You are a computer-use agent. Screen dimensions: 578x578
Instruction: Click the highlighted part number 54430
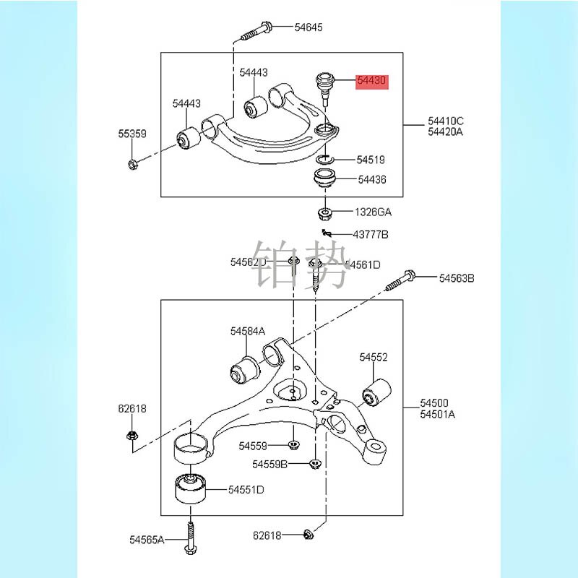point(372,81)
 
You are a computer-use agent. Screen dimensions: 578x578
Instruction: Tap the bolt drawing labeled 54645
point(256,30)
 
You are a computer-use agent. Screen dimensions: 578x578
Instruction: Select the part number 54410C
point(446,121)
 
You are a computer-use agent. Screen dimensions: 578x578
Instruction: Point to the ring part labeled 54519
point(325,159)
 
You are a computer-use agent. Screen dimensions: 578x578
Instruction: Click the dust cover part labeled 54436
point(325,178)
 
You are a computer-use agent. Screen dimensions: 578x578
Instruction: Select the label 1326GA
point(372,212)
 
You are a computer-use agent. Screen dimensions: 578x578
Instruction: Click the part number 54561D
point(363,264)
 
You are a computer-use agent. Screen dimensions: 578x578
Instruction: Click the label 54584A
point(248,331)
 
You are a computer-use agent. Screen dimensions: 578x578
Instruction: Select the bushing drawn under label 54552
point(376,393)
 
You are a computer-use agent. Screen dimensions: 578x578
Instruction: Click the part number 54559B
point(270,463)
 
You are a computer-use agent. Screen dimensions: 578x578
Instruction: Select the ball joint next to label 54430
point(324,85)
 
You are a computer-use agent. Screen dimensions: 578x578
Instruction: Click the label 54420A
point(446,131)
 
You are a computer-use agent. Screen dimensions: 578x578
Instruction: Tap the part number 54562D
point(248,262)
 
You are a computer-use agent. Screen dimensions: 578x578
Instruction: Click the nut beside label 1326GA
point(325,212)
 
